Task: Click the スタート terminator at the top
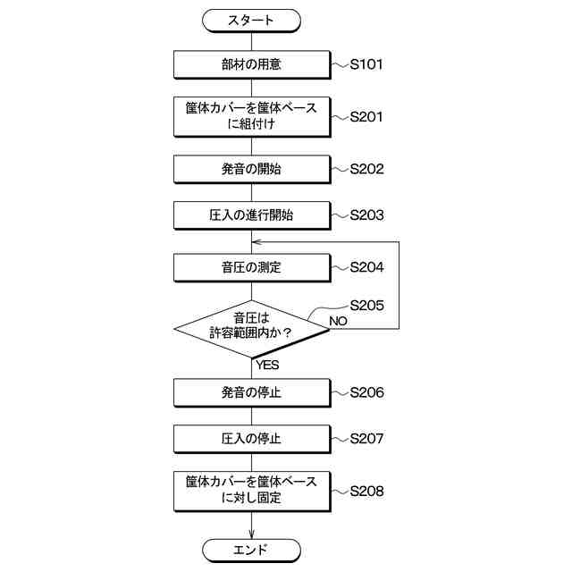point(251,19)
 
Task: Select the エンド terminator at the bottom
point(251,549)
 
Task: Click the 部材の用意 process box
point(251,64)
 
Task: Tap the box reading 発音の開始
point(251,168)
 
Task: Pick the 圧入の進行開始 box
point(251,214)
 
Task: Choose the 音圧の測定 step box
point(251,266)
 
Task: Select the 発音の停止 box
point(251,391)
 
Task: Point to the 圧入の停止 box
point(251,439)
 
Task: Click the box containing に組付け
point(251,116)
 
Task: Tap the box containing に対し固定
point(251,490)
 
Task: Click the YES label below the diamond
point(267,365)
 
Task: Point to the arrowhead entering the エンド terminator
point(251,535)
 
